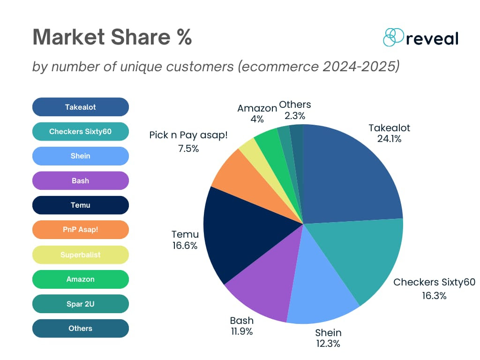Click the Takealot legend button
[x=80, y=107]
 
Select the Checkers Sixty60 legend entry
[x=80, y=132]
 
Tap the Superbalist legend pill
[x=80, y=255]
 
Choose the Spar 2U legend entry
[x=80, y=304]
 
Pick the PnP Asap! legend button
[x=80, y=230]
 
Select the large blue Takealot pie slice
[x=352, y=173]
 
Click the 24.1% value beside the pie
[x=389, y=139]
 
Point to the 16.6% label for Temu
[x=185, y=246]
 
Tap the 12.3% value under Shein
[x=328, y=344]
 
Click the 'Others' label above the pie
[x=295, y=105]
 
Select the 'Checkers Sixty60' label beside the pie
[x=434, y=282]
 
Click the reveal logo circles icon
[x=393, y=37]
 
